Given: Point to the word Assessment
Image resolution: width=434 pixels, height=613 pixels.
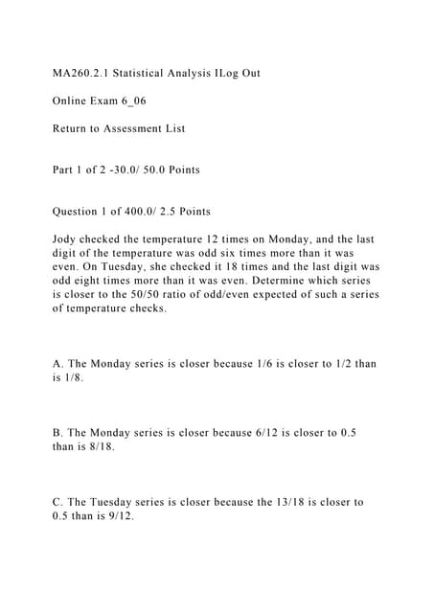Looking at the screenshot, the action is tap(149, 128).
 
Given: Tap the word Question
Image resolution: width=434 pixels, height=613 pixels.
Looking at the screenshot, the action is tap(82, 212).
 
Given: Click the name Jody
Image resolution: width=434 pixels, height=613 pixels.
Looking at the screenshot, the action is tap(68, 239).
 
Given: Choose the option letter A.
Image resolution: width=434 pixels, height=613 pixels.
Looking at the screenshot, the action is tap(57, 365).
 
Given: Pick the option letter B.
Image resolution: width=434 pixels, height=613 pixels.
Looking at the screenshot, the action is tap(57, 434).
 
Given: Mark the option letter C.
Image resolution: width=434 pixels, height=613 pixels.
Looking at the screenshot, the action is tap(57, 503).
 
